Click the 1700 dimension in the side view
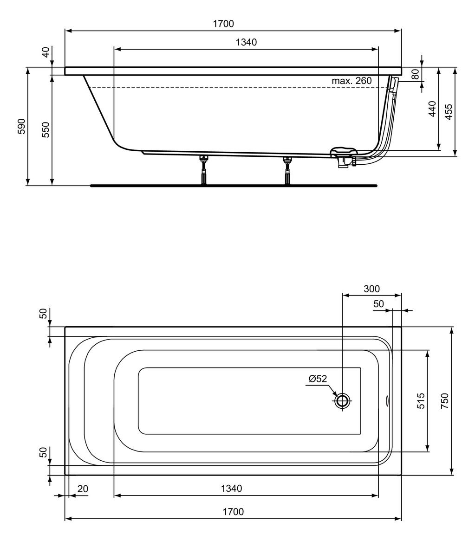(x=223, y=24)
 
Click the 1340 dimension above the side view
(x=246, y=42)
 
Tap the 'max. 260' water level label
(x=352, y=81)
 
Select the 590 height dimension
(x=21, y=126)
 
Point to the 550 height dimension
(x=46, y=130)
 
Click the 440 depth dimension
(x=432, y=109)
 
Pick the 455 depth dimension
(x=448, y=112)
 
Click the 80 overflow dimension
(x=415, y=74)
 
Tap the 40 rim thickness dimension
(x=46, y=52)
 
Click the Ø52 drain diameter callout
(x=318, y=379)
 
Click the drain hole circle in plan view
(x=342, y=400)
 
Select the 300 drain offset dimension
(x=371, y=289)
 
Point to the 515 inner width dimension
(x=421, y=401)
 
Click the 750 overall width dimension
(x=445, y=401)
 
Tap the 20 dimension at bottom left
(x=83, y=489)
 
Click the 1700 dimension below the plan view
(x=233, y=512)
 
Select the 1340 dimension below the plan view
(x=231, y=489)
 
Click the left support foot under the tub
(x=204, y=170)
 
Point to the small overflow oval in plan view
(x=387, y=400)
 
